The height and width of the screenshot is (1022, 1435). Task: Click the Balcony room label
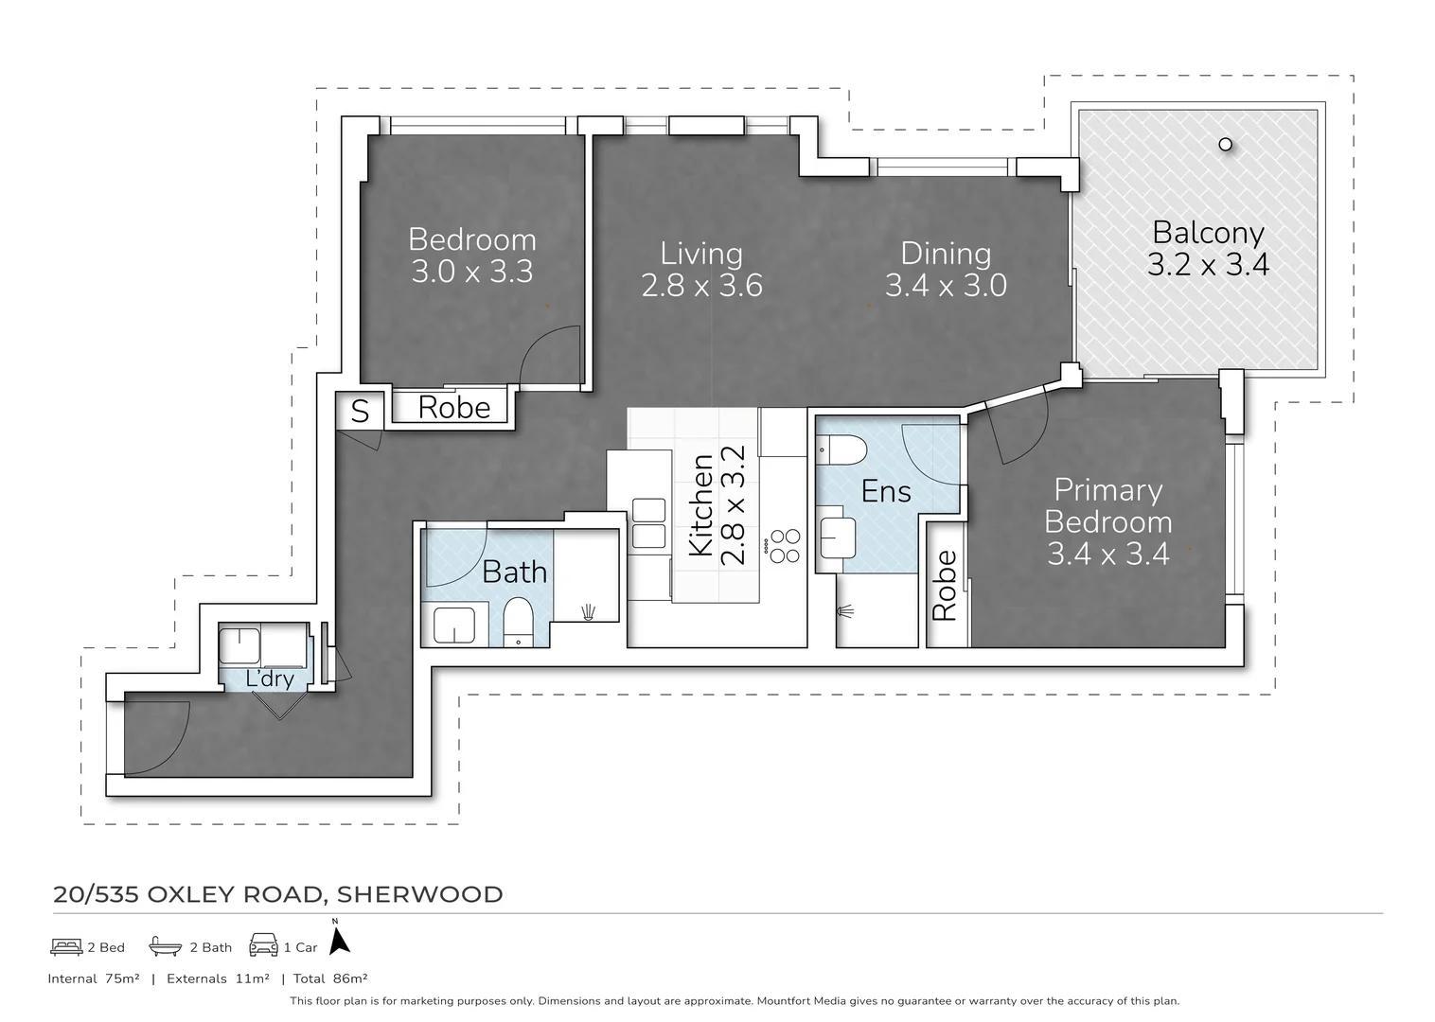(1208, 233)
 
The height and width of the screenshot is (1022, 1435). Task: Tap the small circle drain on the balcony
(1226, 145)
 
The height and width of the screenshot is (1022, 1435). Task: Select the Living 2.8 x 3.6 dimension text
(702, 286)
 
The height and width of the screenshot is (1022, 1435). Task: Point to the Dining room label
(947, 254)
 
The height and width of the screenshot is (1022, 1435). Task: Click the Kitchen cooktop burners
(785, 546)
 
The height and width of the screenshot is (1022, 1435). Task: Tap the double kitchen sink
(649, 523)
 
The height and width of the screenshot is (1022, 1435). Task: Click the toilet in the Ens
(842, 450)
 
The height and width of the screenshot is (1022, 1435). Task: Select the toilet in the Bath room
(518, 623)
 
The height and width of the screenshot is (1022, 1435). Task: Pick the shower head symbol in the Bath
(588, 613)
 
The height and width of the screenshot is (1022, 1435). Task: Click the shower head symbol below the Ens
(845, 611)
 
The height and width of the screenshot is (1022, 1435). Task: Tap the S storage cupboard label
(360, 411)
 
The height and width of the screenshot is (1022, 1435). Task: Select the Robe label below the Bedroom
(454, 408)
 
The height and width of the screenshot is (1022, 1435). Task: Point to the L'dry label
(270, 678)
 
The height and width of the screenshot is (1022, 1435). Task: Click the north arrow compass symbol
(339, 940)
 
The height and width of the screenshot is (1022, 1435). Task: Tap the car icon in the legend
(263, 944)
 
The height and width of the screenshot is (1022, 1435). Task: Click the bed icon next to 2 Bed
(66, 946)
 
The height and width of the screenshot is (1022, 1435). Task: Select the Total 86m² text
(330, 978)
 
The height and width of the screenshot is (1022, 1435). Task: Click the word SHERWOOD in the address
(420, 894)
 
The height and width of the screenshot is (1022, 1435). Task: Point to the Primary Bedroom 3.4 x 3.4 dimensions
(1108, 554)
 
